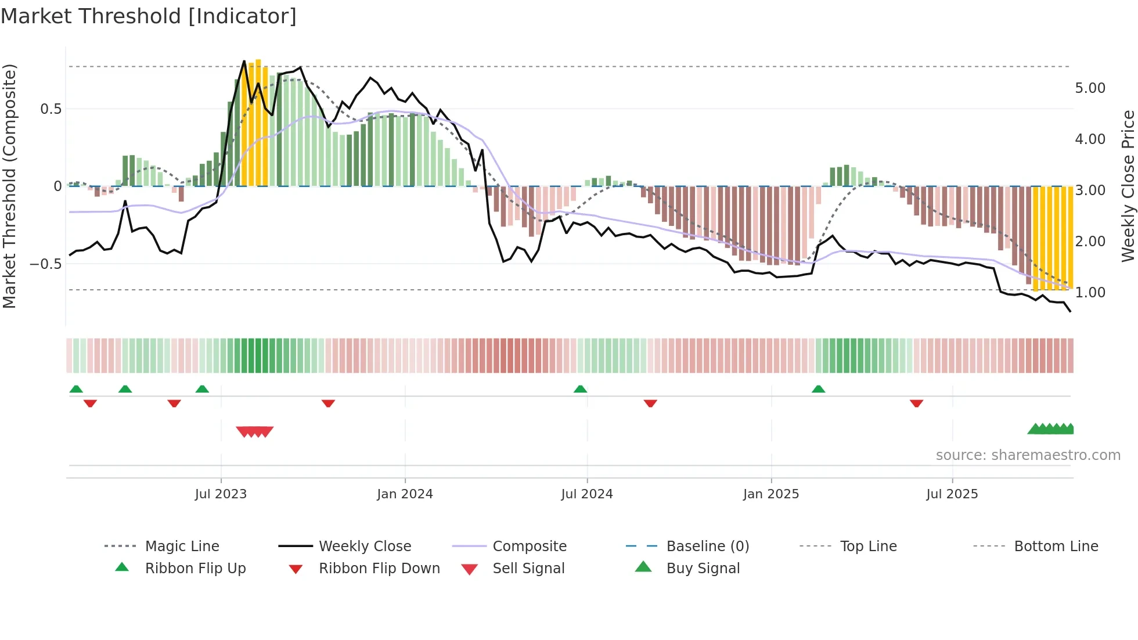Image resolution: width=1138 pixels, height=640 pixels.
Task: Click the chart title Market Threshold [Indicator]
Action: (x=149, y=16)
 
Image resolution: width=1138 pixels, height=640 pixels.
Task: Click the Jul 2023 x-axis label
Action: (x=221, y=494)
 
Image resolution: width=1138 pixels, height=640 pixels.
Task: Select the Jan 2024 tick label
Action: (x=405, y=494)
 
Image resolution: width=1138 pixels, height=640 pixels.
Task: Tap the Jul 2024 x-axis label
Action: (x=586, y=494)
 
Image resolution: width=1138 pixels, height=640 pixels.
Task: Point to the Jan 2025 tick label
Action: (x=771, y=494)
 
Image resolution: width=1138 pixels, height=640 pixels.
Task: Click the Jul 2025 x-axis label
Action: (x=952, y=494)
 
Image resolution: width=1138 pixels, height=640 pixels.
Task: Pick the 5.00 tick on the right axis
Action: (x=1090, y=88)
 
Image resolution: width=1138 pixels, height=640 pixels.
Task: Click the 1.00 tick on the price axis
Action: (x=1090, y=293)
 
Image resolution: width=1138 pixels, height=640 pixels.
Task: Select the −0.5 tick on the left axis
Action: (x=46, y=264)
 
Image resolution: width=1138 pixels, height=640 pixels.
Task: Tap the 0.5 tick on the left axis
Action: (x=51, y=109)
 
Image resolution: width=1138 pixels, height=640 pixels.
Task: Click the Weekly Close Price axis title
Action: (x=1128, y=186)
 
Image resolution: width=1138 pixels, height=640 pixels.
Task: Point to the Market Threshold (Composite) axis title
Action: (x=9, y=186)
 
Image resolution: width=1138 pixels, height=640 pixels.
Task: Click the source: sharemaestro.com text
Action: (x=1028, y=455)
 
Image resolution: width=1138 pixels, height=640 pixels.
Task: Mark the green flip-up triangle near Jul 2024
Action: (x=580, y=389)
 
